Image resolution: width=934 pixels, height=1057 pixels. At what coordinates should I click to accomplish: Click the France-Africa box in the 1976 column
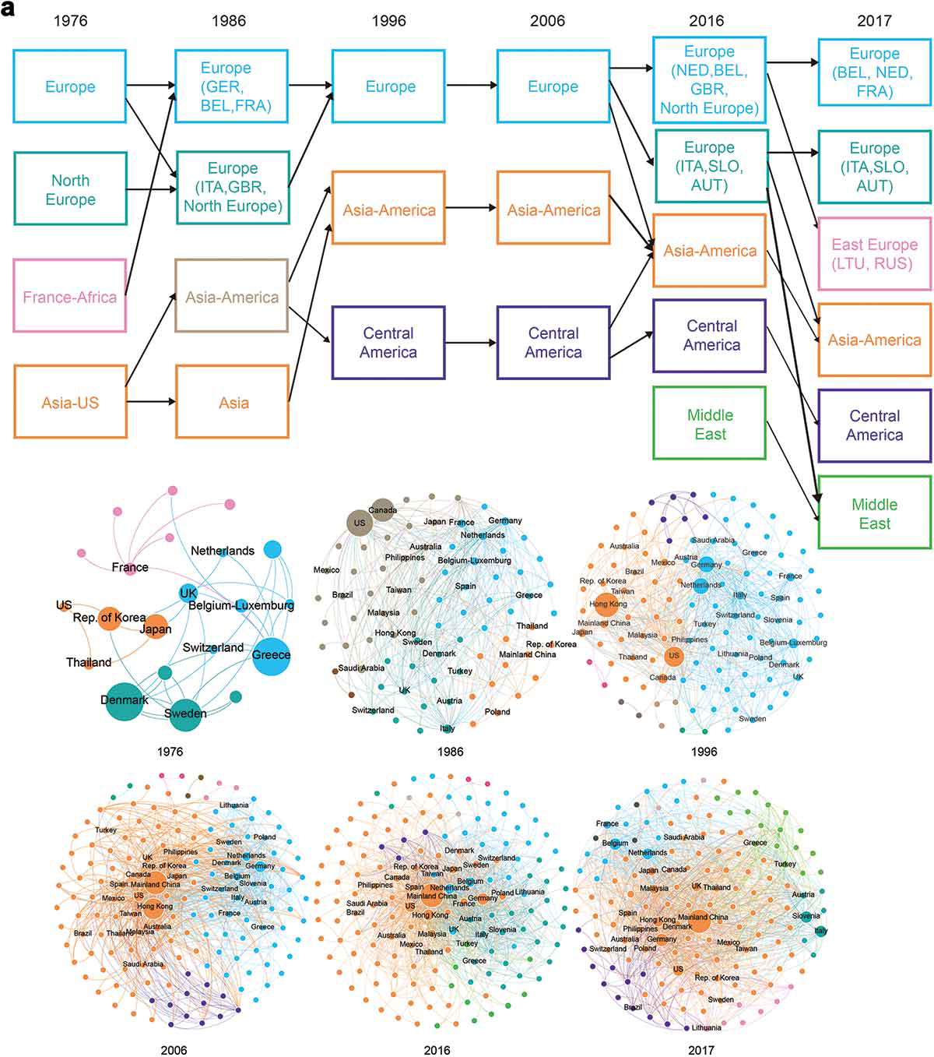tap(70, 296)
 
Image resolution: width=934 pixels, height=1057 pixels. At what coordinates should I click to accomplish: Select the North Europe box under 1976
tap(70, 189)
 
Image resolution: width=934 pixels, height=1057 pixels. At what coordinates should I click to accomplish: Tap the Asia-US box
tap(70, 402)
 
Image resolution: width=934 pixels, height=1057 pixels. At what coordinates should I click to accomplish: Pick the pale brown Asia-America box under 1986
tap(232, 296)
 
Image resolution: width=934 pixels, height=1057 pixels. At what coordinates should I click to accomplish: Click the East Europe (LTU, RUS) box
tap(874, 254)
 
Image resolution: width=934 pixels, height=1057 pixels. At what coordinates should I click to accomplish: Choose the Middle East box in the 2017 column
tap(874, 513)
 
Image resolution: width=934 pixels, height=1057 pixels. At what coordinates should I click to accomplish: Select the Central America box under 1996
tap(388, 343)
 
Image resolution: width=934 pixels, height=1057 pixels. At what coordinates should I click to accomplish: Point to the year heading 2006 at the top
tap(547, 21)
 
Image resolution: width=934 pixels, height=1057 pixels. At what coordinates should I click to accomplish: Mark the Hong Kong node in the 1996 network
tap(607, 604)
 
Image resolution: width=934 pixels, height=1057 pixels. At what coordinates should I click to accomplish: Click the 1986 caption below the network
tap(450, 752)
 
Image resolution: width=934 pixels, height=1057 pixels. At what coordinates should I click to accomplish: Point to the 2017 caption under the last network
tap(701, 1050)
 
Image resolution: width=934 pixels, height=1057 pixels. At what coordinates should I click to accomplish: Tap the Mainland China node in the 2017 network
tap(699, 920)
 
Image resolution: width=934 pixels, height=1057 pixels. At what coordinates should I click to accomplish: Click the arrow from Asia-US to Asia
tap(152, 402)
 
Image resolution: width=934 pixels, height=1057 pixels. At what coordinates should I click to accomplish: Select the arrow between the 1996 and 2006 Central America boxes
tap(471, 343)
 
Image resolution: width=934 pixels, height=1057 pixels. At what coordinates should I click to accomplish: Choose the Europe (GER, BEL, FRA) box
tap(232, 86)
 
